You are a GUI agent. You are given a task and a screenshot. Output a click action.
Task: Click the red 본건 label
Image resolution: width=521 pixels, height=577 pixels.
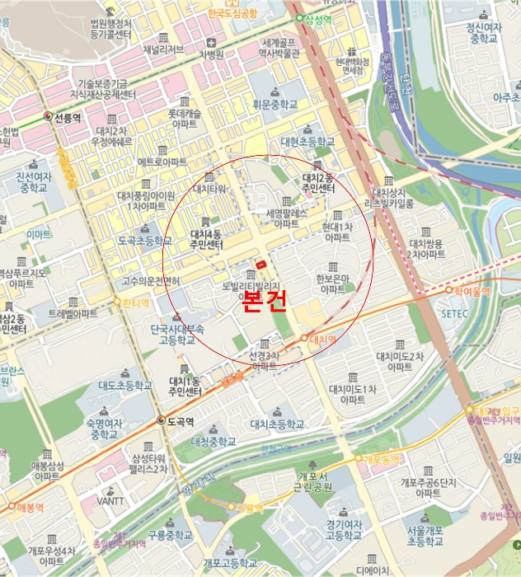[x=265, y=302]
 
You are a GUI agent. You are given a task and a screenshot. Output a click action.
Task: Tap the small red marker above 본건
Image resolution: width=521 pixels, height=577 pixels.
[x=260, y=264]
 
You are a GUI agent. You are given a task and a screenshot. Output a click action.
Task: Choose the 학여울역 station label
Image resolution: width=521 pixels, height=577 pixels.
[x=471, y=290]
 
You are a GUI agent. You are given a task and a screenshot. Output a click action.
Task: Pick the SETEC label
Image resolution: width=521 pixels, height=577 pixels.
[x=454, y=314]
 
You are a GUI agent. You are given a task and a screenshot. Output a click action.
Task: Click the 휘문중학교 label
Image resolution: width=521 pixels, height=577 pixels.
[x=275, y=106]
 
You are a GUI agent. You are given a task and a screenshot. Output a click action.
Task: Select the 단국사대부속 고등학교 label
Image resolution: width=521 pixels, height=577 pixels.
[x=176, y=334]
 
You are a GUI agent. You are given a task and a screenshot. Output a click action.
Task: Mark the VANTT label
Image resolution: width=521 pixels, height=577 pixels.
[x=110, y=500]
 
